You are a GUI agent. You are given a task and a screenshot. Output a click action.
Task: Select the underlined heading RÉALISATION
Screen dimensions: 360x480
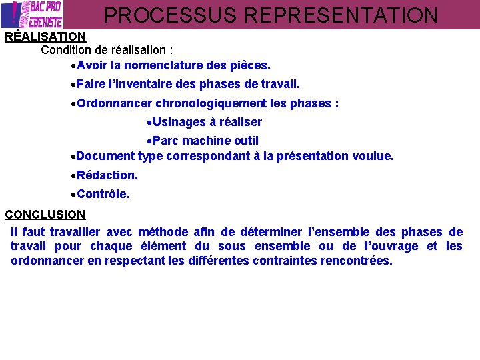pyautogui.click(x=45, y=37)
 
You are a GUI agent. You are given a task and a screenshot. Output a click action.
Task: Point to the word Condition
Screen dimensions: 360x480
pyautogui.click(x=65, y=50)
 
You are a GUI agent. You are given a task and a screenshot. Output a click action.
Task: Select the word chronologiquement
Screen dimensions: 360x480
pyautogui.click(x=211, y=103)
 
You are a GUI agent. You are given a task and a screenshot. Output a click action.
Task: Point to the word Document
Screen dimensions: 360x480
pyautogui.click(x=105, y=156)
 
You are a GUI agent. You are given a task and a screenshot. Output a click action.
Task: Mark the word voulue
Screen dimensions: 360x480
pyautogui.click(x=375, y=156)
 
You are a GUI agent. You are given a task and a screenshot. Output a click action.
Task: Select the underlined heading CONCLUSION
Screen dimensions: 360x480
pyautogui.click(x=45, y=215)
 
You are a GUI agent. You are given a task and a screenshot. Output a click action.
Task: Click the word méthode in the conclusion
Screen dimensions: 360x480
pyautogui.click(x=163, y=232)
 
